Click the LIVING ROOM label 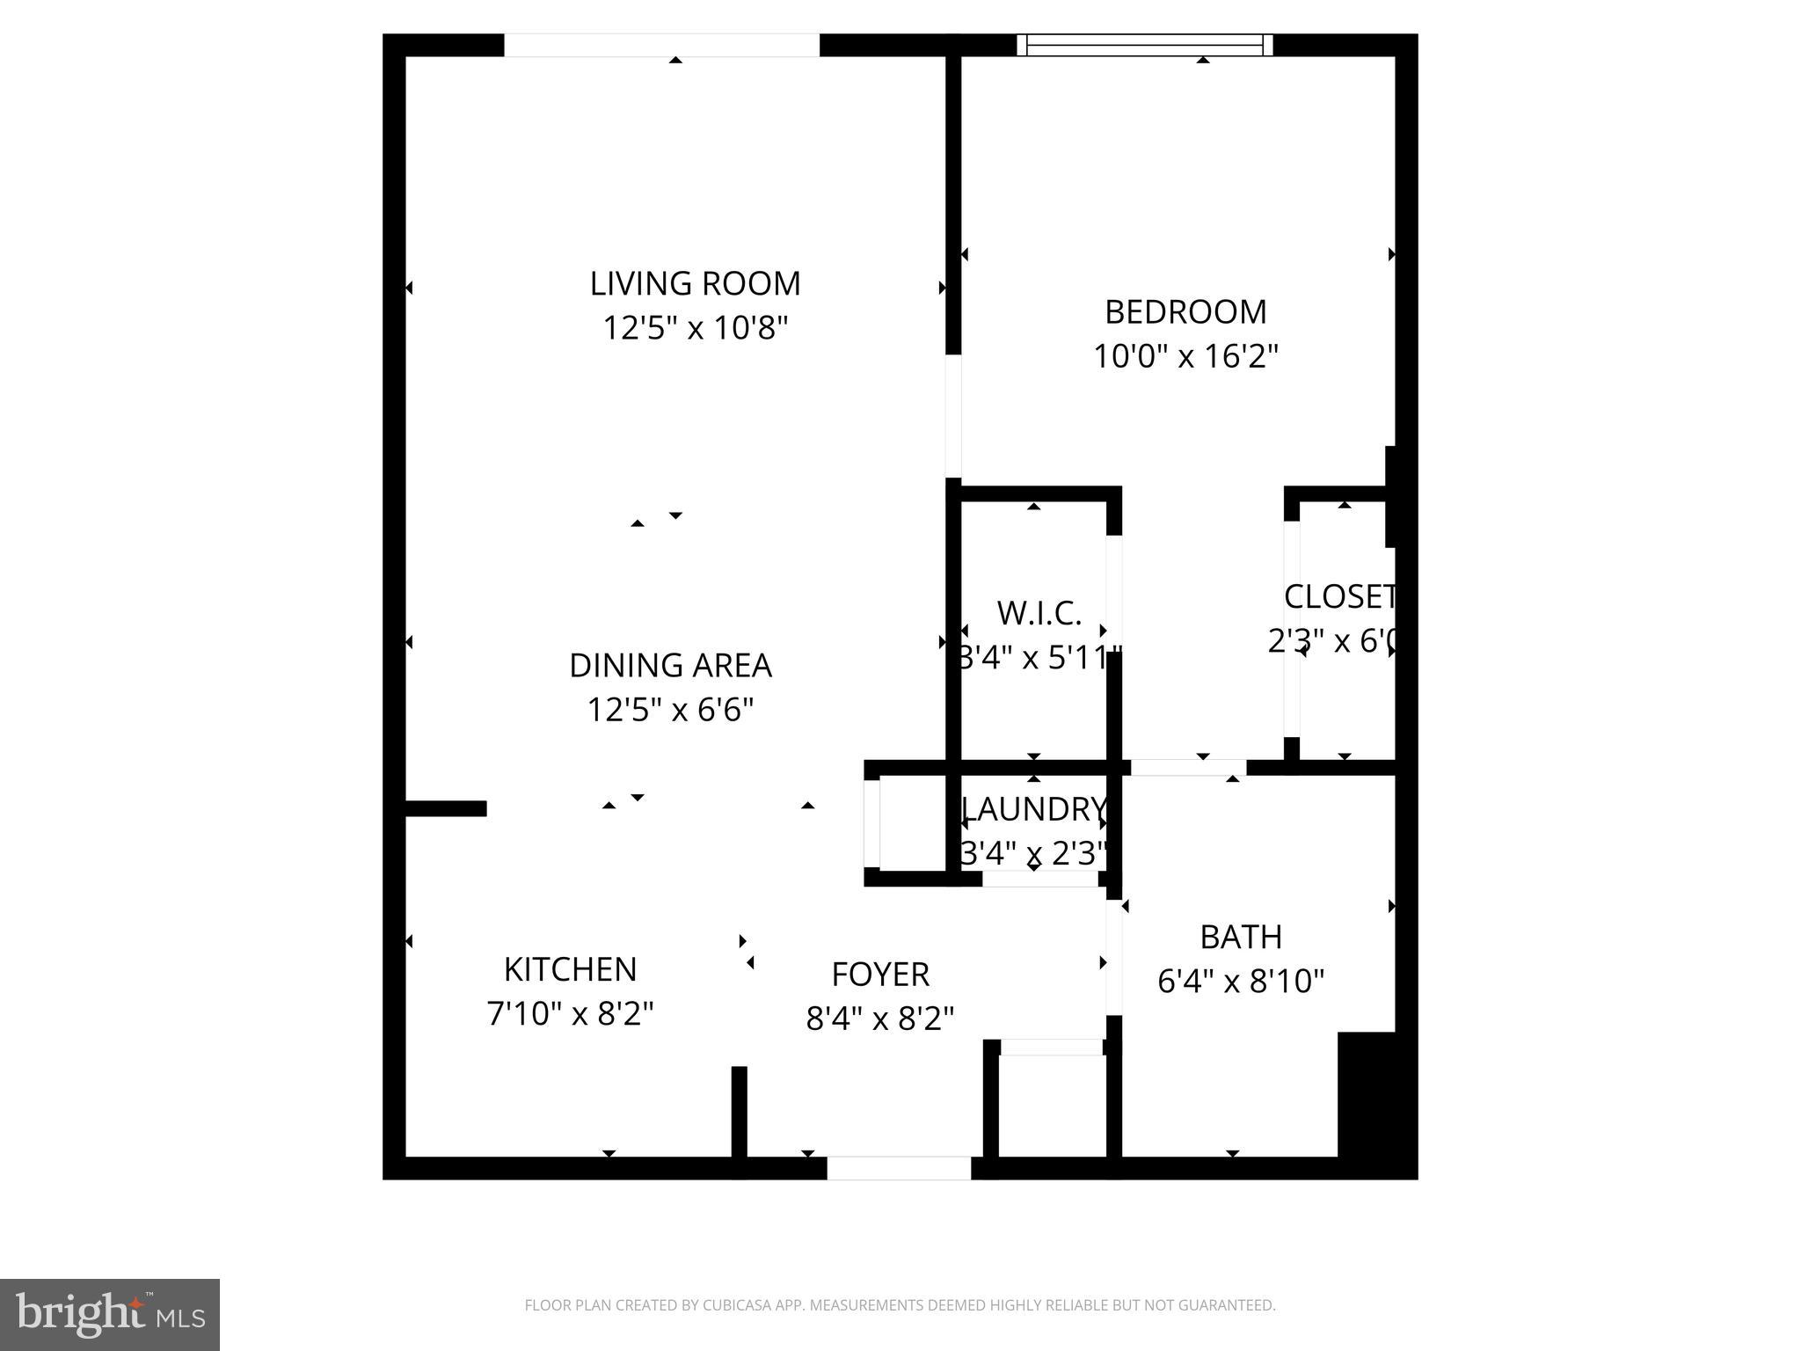pyautogui.click(x=695, y=284)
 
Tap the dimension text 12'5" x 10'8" pyautogui.click(x=695, y=329)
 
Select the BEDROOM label pyautogui.click(x=1185, y=312)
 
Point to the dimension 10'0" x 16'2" pyautogui.click(x=1185, y=357)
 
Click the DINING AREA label pyautogui.click(x=670, y=666)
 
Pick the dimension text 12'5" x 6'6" pyautogui.click(x=670, y=710)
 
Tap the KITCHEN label pyautogui.click(x=570, y=969)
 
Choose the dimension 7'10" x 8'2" pyautogui.click(x=570, y=1014)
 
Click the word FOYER pyautogui.click(x=880, y=975)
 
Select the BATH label pyautogui.click(x=1241, y=938)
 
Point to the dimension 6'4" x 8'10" pyautogui.click(x=1241, y=982)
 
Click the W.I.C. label pyautogui.click(x=1039, y=614)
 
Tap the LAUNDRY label pyautogui.click(x=1034, y=809)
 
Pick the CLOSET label pyautogui.click(x=1339, y=597)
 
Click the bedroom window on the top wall pyautogui.click(x=1145, y=45)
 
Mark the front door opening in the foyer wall pyautogui.click(x=899, y=1168)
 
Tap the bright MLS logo pyautogui.click(x=109, y=1314)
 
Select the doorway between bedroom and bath pyautogui.click(x=1187, y=768)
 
